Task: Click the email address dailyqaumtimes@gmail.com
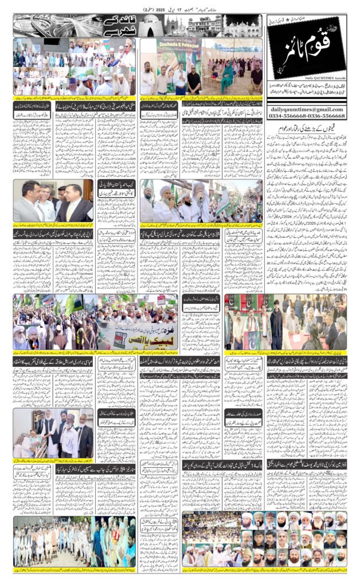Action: coord(306,109)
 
